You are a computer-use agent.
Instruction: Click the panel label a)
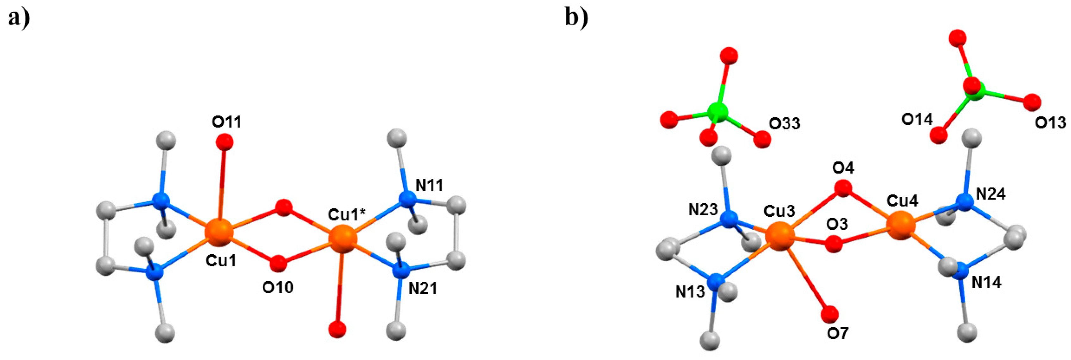[19, 18]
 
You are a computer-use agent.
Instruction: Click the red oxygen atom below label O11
[225, 142]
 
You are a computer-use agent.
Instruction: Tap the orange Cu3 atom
[780, 236]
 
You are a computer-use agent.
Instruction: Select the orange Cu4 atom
[901, 225]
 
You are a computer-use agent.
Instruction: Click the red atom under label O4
[843, 188]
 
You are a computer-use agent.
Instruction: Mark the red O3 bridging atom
[834, 244]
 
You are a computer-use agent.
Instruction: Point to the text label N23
[703, 210]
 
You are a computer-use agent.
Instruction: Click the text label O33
[784, 123]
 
